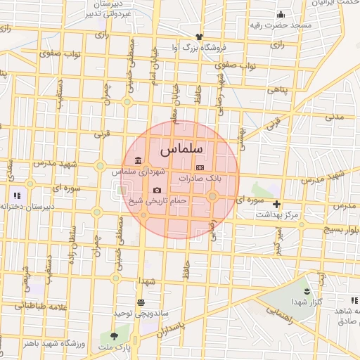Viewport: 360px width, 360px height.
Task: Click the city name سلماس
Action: click(x=181, y=150)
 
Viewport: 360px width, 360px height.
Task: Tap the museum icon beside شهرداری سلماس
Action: click(x=136, y=161)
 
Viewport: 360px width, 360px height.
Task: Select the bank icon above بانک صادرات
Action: click(x=200, y=168)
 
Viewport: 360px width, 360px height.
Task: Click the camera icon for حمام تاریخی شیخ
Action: click(x=156, y=191)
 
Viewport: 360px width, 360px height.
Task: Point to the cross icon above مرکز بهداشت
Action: click(x=276, y=204)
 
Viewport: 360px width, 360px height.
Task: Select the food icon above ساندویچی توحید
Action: click(x=141, y=302)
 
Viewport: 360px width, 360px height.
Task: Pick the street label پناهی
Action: click(x=276, y=89)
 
